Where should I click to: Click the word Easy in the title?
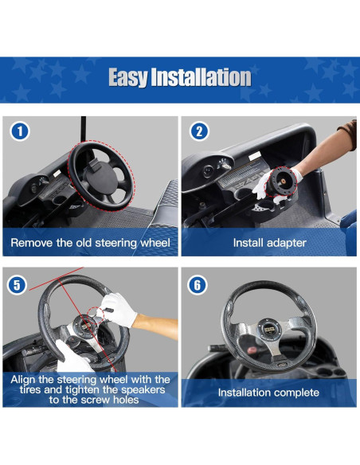pos(130,77)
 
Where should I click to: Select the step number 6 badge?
pos(199,284)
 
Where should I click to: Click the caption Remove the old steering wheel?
pos(91,242)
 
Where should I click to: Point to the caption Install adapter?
pos(269,242)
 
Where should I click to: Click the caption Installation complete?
pos(269,393)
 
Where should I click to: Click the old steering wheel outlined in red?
pos(100,171)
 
